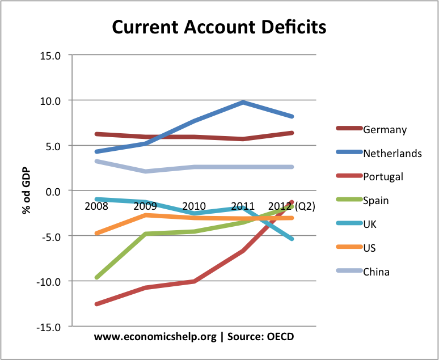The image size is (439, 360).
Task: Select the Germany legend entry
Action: pos(385,130)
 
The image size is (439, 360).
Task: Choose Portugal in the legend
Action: pos(383,176)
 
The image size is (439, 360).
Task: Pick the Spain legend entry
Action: pos(376,200)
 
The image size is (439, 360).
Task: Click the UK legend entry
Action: pos(370,224)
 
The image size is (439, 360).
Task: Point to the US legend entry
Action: pos(369,248)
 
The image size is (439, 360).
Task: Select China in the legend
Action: pos(376,272)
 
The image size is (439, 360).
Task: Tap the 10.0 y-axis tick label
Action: pos(50,100)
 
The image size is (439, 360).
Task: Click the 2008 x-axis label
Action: pos(96,205)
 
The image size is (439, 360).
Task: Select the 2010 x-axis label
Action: pos(195,205)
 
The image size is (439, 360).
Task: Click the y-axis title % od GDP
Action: pos(26,190)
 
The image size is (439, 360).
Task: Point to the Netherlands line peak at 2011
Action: pos(243,103)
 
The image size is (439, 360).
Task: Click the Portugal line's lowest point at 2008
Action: pos(96,304)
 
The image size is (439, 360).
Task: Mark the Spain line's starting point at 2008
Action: pos(96,277)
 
